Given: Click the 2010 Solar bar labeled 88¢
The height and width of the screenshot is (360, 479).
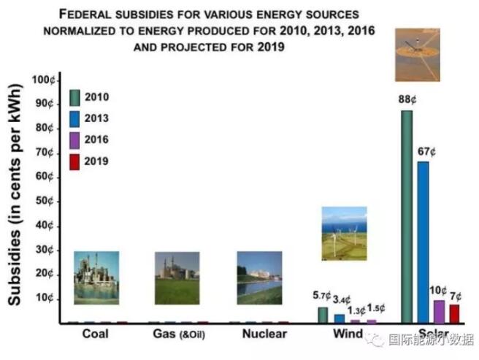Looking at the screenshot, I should click(407, 216).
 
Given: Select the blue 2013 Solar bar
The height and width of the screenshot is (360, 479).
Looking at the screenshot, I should click(423, 242).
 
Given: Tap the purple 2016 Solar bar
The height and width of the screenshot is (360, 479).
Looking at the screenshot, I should click(439, 311).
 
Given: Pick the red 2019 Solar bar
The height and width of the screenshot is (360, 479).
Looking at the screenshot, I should click(454, 313).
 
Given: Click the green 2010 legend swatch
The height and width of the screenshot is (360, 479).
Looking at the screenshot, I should click(74, 98).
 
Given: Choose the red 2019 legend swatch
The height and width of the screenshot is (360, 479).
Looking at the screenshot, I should click(74, 161).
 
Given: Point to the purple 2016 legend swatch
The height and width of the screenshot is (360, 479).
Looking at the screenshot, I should click(74, 140).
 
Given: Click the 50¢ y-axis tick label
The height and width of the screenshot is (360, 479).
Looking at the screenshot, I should click(45, 201).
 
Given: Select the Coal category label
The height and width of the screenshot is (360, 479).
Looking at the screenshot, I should click(96, 334).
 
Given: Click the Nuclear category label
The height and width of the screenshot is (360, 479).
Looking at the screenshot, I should click(259, 334).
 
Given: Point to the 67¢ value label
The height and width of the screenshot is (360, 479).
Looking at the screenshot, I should click(426, 152).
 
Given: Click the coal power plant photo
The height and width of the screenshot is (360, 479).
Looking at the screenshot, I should click(96, 277).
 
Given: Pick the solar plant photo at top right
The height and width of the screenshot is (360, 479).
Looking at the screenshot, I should click(418, 55).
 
